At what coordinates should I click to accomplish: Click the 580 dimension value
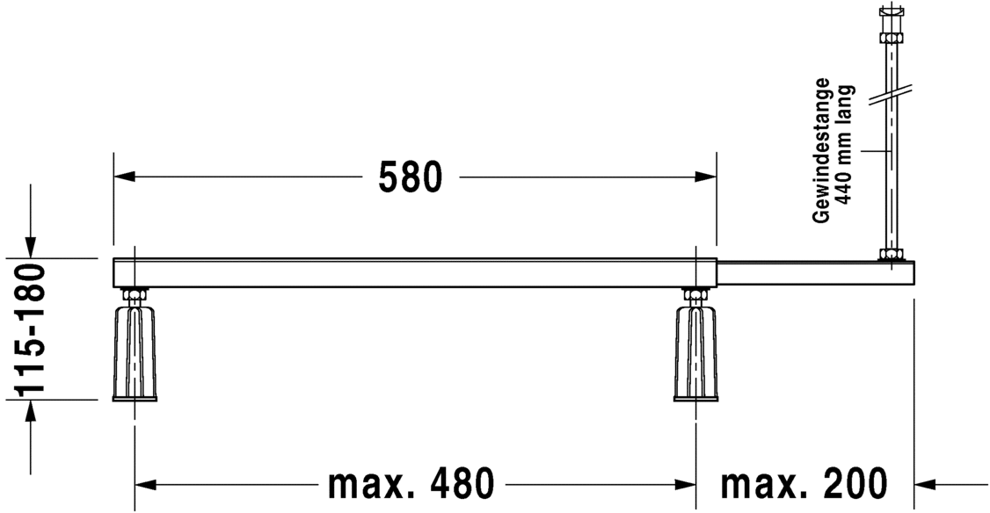[411, 177]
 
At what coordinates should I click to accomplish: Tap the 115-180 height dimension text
[30, 329]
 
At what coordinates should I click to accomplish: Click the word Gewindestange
[821, 151]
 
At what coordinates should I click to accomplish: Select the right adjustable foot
[695, 353]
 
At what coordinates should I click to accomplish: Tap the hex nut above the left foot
[135, 294]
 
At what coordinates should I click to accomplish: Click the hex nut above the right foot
[695, 294]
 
